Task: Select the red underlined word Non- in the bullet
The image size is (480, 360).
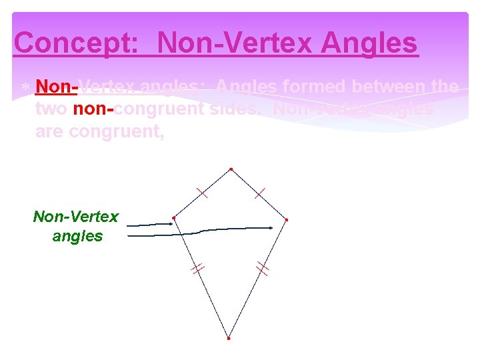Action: [57, 87]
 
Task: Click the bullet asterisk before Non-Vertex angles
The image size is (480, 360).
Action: [24, 88]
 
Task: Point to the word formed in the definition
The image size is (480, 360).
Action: [311, 87]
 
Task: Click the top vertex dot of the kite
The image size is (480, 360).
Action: [231, 169]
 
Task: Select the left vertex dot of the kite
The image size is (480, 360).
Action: [173, 217]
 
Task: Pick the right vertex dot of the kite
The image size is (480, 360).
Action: [287, 219]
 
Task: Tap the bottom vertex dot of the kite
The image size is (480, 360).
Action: [228, 338]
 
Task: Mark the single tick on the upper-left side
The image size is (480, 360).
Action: [202, 193]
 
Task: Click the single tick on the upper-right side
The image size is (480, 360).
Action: [259, 193]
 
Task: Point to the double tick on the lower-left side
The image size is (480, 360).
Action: [197, 269]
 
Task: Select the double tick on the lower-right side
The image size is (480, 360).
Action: [263, 269]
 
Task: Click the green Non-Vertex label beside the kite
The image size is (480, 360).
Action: [76, 217]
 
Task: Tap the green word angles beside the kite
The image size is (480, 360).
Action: [77, 236]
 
